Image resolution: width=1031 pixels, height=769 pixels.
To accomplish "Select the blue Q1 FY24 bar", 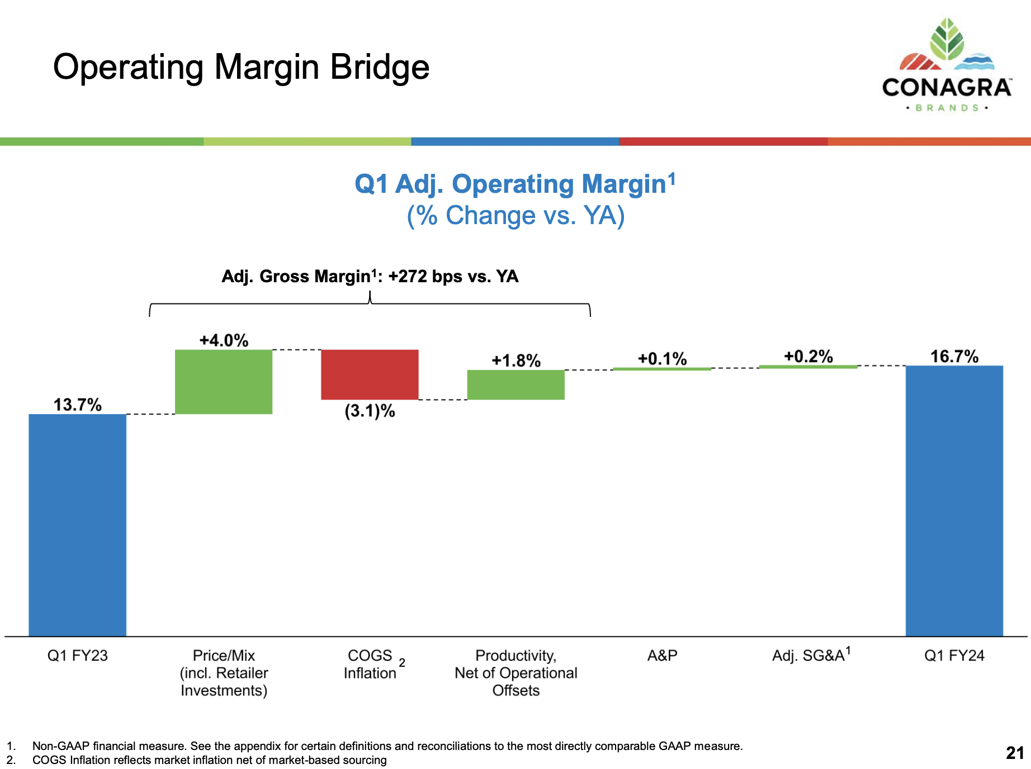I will pos(954,500).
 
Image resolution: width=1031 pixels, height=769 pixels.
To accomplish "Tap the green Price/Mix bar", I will pos(224,382).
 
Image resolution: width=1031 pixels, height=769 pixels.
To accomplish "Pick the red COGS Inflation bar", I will pos(370,374).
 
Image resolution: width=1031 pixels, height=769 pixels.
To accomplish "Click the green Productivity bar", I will pos(515,385).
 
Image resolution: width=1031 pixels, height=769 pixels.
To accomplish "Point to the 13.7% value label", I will pos(77,405).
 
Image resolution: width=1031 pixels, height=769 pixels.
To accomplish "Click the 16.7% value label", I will pos(954,357).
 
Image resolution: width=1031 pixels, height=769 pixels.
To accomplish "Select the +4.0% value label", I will pos(224,340).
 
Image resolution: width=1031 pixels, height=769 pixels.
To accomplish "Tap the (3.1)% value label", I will pos(370,411).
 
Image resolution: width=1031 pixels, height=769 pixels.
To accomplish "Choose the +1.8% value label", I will pos(515,360).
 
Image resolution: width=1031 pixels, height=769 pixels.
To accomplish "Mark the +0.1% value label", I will pos(662,359).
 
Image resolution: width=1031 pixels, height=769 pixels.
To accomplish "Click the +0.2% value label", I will pos(808,357).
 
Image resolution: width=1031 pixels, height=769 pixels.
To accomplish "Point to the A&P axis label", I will pos(662,656).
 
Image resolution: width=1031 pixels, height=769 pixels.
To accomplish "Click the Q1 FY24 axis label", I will pos(954,656).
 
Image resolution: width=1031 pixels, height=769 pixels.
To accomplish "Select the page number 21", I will pos(1014,753).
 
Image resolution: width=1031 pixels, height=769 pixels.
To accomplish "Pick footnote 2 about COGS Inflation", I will pos(209,760).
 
